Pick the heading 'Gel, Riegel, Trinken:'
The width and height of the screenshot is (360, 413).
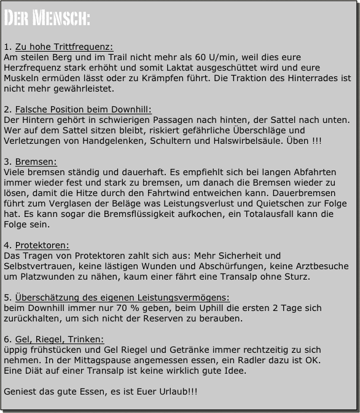click(60, 339)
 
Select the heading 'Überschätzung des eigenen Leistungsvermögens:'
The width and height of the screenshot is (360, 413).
click(122, 297)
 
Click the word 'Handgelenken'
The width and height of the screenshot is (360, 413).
click(107, 141)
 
